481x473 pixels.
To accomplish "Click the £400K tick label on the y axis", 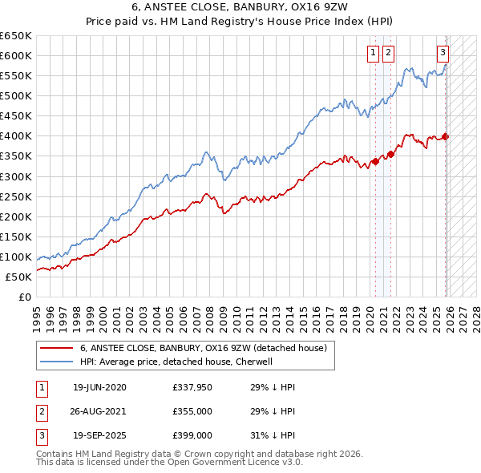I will [16, 135].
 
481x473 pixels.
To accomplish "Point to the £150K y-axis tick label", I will [16, 236].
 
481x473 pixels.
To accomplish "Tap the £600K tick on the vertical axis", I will [16, 55].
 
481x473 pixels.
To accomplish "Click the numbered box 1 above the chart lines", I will [374, 53].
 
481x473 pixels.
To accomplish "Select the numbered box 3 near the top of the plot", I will [443, 53].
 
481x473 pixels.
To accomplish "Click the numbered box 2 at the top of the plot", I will [388, 53].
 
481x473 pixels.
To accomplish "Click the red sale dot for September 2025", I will [446, 136].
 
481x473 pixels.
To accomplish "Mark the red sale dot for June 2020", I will [374, 161].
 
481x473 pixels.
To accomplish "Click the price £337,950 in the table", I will [192, 387].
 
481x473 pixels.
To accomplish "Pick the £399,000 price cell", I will [192, 435].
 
